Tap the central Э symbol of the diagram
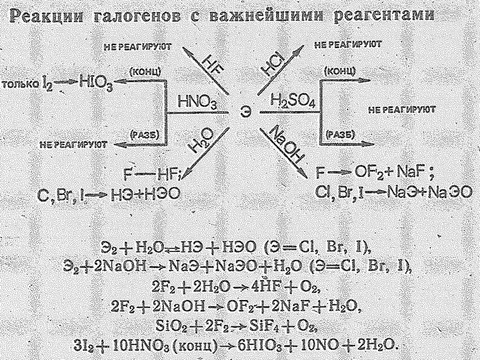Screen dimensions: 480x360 244,112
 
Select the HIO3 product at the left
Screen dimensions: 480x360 96,83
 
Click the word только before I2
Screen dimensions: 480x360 22,84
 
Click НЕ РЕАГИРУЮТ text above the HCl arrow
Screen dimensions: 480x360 348,45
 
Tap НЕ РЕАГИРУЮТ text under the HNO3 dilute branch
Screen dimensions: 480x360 74,144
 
